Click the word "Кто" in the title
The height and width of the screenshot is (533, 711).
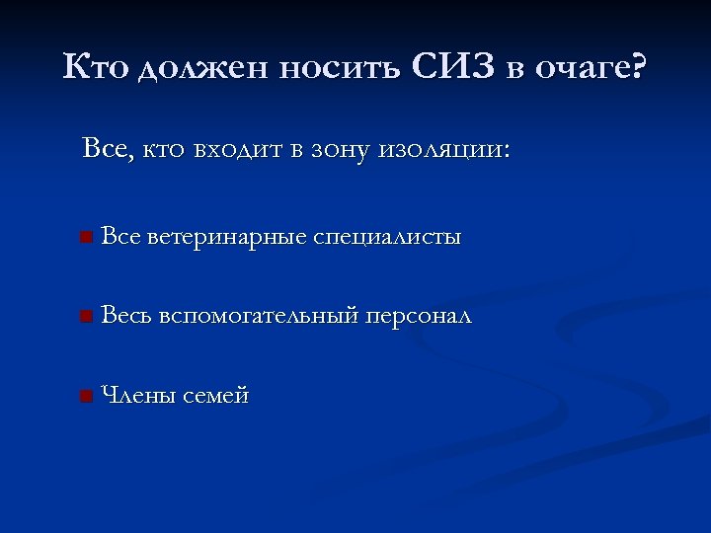(x=96, y=68)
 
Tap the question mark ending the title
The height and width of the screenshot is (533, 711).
(x=638, y=68)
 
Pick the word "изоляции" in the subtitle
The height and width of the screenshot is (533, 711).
(x=451, y=151)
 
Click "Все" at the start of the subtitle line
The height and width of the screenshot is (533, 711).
(x=106, y=150)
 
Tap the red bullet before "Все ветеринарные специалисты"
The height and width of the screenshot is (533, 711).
(x=87, y=238)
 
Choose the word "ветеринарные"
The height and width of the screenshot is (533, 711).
(x=227, y=238)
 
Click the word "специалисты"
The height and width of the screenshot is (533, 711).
(x=387, y=238)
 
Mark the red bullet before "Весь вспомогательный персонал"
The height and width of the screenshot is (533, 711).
(x=87, y=317)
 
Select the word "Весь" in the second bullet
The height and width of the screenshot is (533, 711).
(x=126, y=316)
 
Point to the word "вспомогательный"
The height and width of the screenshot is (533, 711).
(x=259, y=317)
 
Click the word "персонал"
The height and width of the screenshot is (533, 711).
(x=419, y=317)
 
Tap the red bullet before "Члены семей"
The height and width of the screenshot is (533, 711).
(x=87, y=397)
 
